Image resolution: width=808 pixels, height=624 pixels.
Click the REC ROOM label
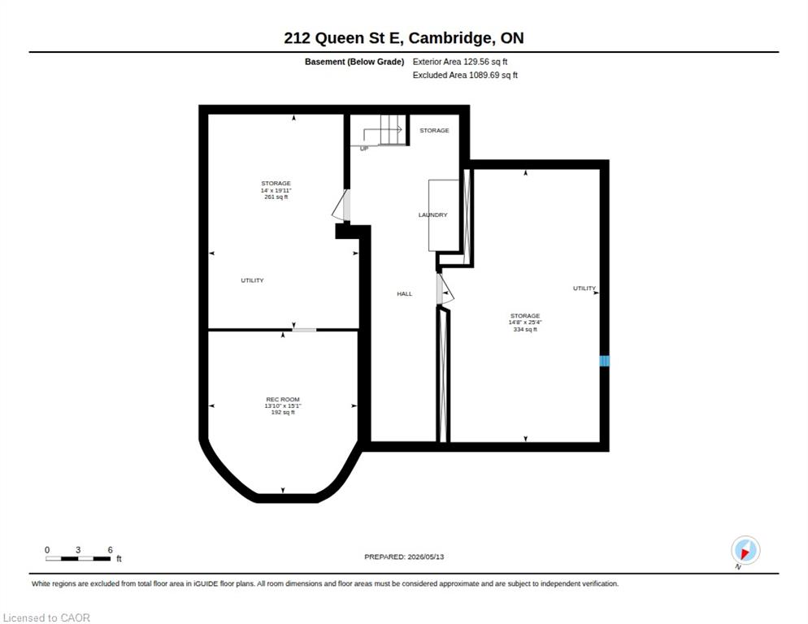click(282, 399)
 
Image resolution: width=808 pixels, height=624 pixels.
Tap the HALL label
click(405, 293)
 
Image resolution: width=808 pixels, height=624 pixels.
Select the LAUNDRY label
click(432, 214)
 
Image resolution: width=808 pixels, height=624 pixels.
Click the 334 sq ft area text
click(525, 329)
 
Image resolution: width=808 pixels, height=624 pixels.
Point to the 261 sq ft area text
click(276, 197)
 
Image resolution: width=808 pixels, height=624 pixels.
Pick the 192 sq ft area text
click(282, 412)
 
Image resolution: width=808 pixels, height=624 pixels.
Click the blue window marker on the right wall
click(605, 361)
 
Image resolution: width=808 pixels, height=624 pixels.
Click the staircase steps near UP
click(392, 129)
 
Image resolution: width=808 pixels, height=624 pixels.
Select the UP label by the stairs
click(364, 149)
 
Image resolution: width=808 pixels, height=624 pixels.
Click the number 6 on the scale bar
click(110, 550)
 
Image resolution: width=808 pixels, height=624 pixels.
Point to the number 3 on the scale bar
click(78, 550)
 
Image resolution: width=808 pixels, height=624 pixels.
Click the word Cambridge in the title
click(450, 38)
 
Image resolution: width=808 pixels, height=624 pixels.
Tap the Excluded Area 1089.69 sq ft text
click(465, 76)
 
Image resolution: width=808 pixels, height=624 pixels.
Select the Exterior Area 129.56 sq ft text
click(459, 62)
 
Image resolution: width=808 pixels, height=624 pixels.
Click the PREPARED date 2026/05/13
click(426, 557)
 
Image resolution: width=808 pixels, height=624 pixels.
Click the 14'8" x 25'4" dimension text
click(525, 323)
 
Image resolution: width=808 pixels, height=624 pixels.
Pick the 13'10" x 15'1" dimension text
click(282, 406)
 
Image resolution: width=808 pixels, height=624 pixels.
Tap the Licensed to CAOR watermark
click(46, 617)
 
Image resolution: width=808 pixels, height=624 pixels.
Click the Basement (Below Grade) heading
click(354, 62)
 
